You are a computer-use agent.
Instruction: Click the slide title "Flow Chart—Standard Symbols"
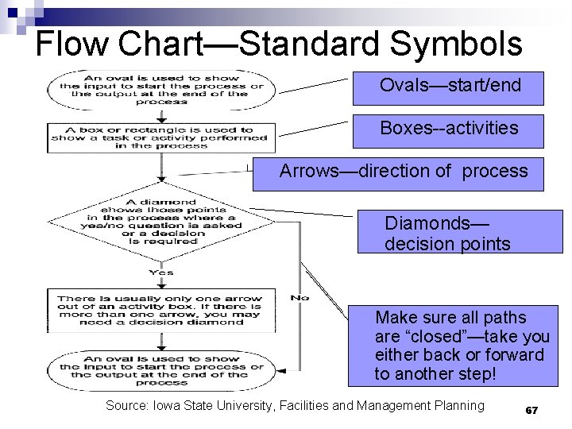(279, 44)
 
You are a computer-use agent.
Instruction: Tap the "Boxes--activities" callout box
(450, 129)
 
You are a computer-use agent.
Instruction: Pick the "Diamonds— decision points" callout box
(461, 233)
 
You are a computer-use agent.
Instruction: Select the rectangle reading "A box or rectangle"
(160, 137)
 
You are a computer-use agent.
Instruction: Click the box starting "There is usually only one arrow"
(160, 311)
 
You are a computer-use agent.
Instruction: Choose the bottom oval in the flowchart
(160, 369)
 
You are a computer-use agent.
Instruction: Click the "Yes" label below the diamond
(160, 272)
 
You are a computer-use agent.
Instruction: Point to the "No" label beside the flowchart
(300, 298)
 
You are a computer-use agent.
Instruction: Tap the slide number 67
(531, 411)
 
